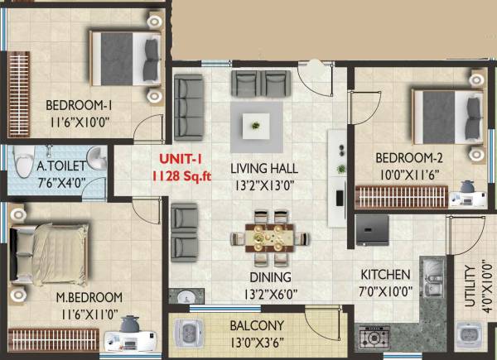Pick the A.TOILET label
click(x=60, y=166)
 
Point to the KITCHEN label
click(x=385, y=275)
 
